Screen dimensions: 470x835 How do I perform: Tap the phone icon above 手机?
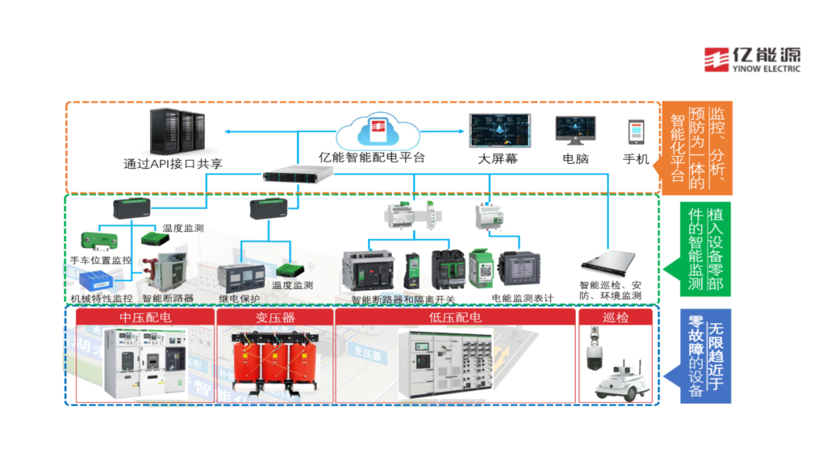pos(636,131)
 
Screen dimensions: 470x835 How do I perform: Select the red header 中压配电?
pos(146,318)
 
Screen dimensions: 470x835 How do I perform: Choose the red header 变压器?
pos(274,318)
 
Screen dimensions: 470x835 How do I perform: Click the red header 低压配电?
pos(455,318)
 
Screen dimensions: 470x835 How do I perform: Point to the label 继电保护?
pos(240,298)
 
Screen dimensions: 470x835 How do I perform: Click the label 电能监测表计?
pos(523,298)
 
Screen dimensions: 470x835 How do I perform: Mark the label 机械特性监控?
pos(101,298)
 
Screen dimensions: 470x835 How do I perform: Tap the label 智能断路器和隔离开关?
pos(403,300)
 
